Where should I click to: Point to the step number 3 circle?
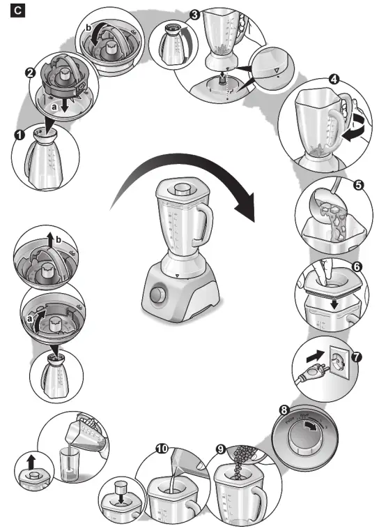click(195, 15)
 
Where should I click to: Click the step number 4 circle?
click(334, 80)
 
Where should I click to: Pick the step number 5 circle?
click(358, 186)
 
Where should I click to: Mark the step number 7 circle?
click(357, 356)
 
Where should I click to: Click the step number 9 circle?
click(221, 450)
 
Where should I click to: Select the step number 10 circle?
click(162, 450)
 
